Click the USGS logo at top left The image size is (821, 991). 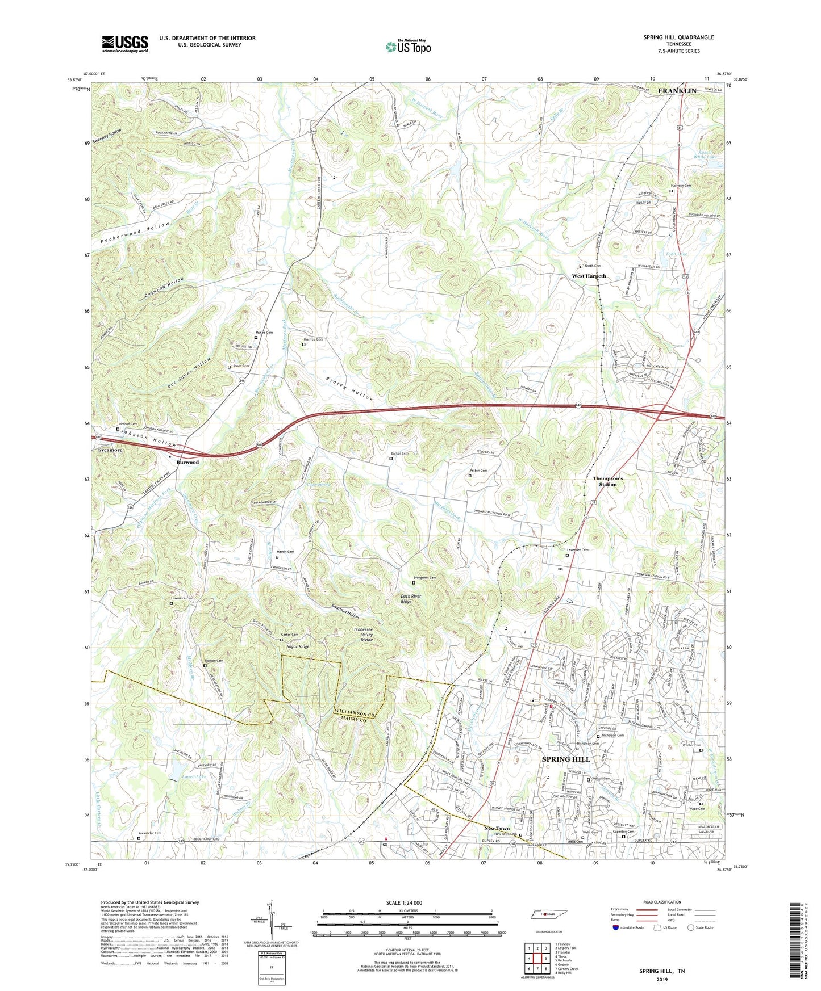125,43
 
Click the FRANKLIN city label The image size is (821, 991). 677,91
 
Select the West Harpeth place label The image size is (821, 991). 589,276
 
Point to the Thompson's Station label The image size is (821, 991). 608,481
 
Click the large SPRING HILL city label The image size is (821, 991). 566,759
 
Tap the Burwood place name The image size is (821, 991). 187,462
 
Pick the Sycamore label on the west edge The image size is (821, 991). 110,450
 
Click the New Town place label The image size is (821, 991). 497,828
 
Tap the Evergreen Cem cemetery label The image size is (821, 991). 425,578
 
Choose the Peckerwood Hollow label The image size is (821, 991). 135,232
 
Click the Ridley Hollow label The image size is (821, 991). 350,389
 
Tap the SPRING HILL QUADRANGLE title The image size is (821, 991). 678,37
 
